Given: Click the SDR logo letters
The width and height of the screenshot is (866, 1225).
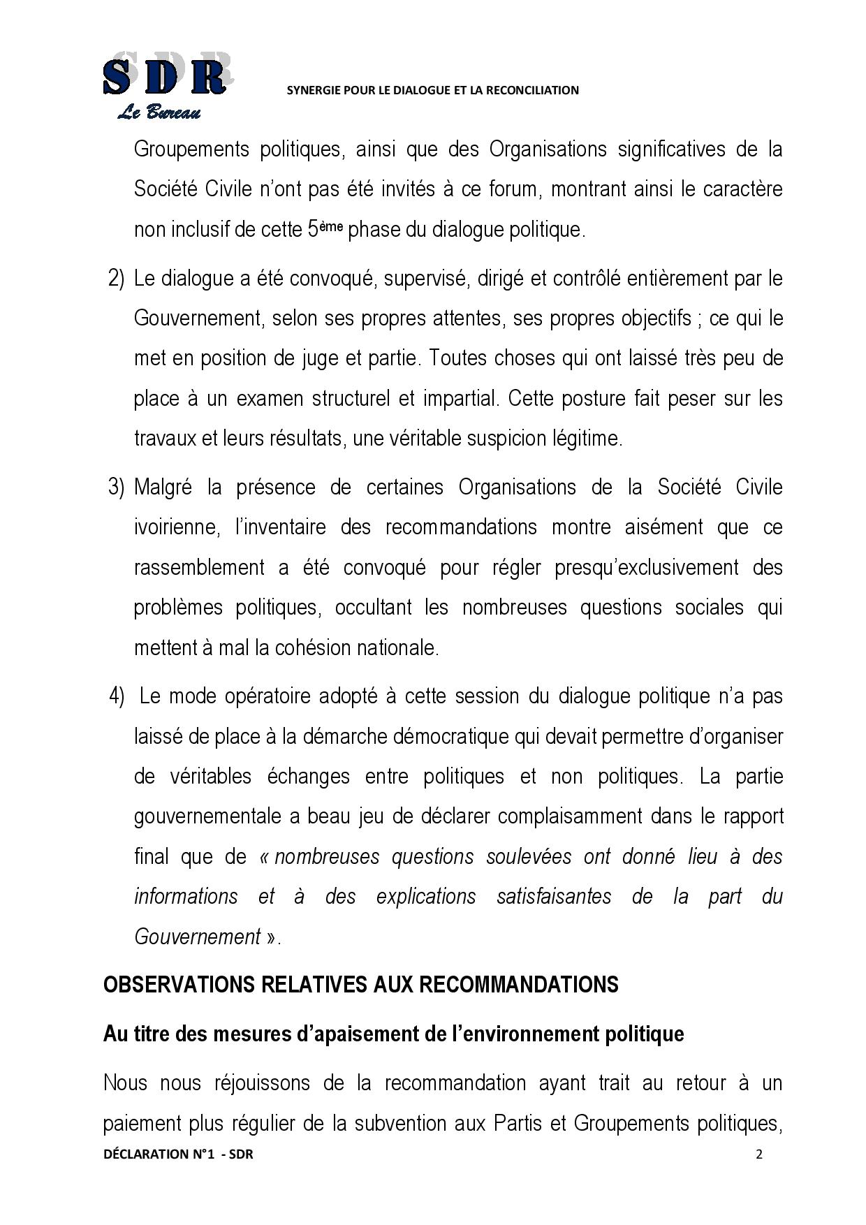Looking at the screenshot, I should (165, 77).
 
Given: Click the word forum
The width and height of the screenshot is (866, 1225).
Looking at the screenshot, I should (500, 189).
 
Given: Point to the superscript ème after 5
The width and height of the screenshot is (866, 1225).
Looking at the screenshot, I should (332, 225).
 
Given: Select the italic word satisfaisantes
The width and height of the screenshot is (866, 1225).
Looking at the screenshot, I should (553, 897).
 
